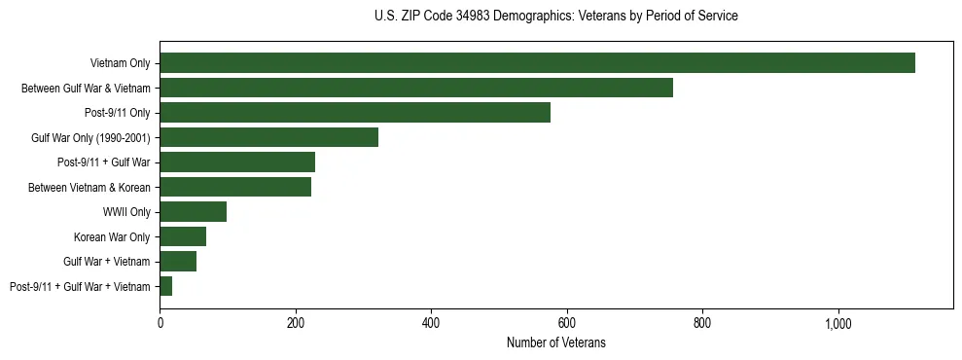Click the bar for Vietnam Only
coord(537,63)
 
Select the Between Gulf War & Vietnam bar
coord(416,88)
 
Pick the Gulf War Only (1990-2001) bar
coord(268,137)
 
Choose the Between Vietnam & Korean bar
coord(235,187)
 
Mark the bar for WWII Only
coord(193,212)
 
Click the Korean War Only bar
coord(183,236)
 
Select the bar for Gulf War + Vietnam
coord(178,262)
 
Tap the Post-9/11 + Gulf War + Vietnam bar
coord(166,286)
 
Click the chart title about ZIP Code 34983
coord(555,17)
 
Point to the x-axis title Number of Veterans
coord(555,342)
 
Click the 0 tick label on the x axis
coord(160,322)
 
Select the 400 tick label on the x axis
coord(431,322)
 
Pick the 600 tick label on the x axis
coord(567,322)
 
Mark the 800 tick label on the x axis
coord(702,322)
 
